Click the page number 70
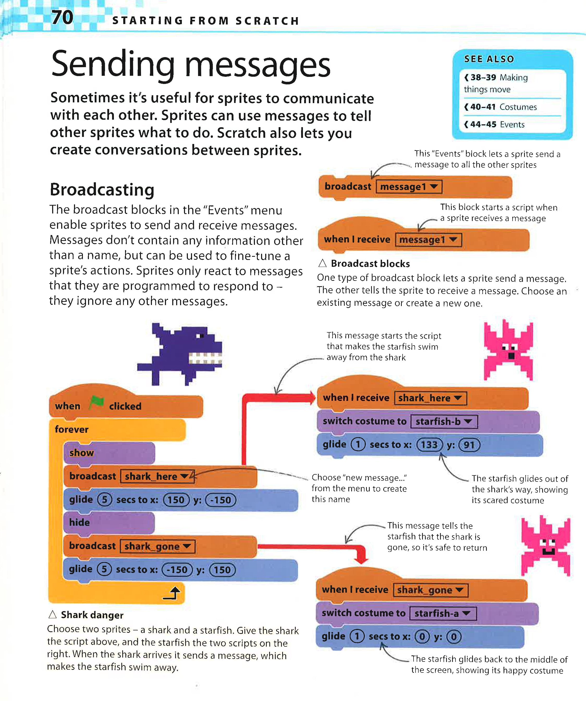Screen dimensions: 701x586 (62, 17)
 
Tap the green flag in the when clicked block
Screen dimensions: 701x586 (96, 403)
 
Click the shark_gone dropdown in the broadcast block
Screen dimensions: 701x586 (157, 546)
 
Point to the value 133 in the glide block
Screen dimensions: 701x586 (429, 445)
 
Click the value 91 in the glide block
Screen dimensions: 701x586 (469, 445)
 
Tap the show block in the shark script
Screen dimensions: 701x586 (82, 453)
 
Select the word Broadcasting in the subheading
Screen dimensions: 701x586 (102, 190)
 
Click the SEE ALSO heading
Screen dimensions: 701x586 (489, 59)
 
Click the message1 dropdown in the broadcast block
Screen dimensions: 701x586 (409, 187)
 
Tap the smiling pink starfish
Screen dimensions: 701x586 (546, 545)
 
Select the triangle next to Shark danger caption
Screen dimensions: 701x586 (52, 615)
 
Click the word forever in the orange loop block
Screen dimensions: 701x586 (72, 429)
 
